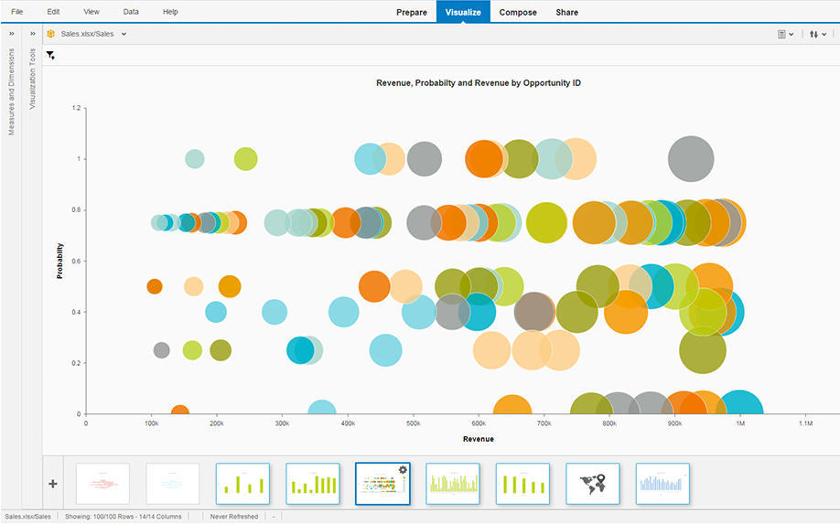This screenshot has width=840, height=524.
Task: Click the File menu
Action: pyautogui.click(x=17, y=11)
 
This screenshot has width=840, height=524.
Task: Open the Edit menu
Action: pyautogui.click(x=53, y=11)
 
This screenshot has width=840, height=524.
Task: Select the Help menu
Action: pyautogui.click(x=170, y=11)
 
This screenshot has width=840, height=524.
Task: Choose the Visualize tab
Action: pyautogui.click(x=463, y=12)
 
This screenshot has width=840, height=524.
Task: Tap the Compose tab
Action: pyautogui.click(x=518, y=12)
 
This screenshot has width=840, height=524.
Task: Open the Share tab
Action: pyautogui.click(x=566, y=12)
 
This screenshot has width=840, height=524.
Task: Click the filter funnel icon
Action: pyautogui.click(x=50, y=56)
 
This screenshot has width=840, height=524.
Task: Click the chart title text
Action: pyautogui.click(x=479, y=83)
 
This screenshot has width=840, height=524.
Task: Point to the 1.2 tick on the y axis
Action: pyautogui.click(x=77, y=108)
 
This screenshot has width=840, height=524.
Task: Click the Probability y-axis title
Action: pyautogui.click(x=60, y=261)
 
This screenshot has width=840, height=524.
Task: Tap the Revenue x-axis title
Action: pyautogui.click(x=479, y=439)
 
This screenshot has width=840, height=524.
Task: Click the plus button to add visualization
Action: pyautogui.click(x=53, y=484)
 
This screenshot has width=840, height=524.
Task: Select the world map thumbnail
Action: pyautogui.click(x=593, y=483)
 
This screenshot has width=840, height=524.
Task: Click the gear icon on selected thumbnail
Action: pyautogui.click(x=403, y=469)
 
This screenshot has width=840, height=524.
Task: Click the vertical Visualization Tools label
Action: pyautogui.click(x=33, y=79)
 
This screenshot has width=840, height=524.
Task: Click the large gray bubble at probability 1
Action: pyautogui.click(x=691, y=158)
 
